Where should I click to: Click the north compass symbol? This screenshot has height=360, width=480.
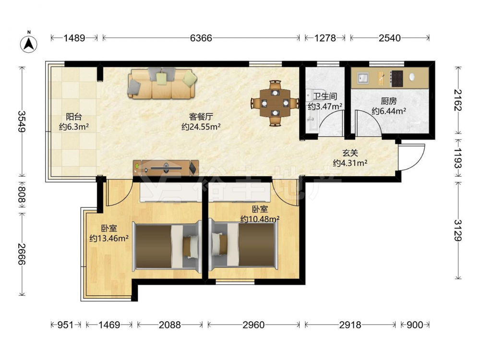tap(29, 44)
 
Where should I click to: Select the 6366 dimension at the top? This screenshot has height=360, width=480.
tap(201, 38)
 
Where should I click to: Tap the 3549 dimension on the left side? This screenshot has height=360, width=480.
tap(22, 121)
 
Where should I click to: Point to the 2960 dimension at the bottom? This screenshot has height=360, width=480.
tap(253, 325)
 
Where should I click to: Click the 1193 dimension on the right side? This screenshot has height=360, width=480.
tap(458, 158)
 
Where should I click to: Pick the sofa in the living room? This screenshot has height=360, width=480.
tap(162, 83)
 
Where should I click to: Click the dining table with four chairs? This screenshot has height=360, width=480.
tap(275, 103)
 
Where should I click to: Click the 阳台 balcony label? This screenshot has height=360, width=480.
tap(74, 117)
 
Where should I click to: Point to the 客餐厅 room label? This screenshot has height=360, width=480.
tap(201, 117)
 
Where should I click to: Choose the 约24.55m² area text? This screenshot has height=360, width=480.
tap(201, 127)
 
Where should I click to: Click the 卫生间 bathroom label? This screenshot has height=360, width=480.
tap(325, 96)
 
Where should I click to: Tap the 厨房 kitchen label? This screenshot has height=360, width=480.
tap(389, 101)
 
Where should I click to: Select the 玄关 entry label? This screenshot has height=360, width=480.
tap(350, 153)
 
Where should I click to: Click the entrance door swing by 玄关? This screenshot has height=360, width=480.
tap(412, 157)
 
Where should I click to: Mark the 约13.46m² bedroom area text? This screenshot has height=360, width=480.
tap(109, 238)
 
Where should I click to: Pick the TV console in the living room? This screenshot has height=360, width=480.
tap(166, 168)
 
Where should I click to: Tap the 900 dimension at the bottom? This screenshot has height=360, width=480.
tap(415, 325)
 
